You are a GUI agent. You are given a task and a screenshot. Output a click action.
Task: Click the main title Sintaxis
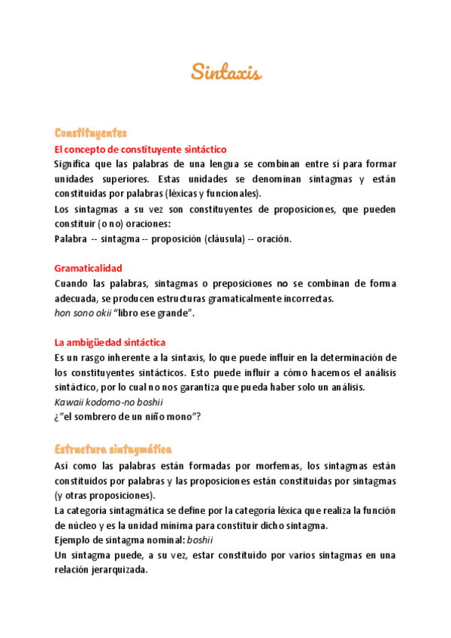[225, 73]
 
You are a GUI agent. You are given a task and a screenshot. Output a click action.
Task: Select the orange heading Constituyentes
[90, 132]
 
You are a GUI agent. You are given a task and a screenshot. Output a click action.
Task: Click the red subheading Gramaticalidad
[88, 268]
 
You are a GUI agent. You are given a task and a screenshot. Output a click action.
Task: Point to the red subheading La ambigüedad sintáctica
[110, 342]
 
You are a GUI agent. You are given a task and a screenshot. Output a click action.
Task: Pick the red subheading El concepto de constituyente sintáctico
[140, 150]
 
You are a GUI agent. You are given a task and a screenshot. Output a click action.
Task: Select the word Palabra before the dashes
[71, 238]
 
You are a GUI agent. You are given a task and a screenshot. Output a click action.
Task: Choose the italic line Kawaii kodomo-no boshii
[104, 403]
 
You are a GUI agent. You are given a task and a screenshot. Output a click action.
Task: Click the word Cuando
[72, 283]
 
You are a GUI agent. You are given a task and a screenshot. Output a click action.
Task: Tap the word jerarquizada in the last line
[117, 570]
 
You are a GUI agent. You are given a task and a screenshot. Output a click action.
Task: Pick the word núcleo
[71, 525]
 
